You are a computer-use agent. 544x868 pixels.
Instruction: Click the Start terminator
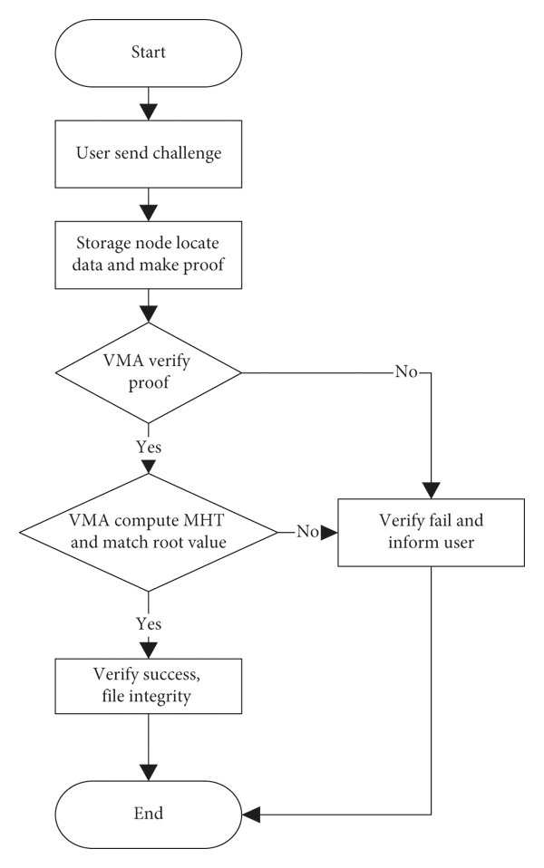(149, 53)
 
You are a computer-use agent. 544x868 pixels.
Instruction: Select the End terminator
(149, 815)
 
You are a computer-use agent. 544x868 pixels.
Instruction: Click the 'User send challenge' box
(149, 154)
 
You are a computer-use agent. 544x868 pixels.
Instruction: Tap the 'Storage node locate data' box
(149, 255)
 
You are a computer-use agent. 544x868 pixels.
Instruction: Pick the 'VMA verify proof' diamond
(149, 372)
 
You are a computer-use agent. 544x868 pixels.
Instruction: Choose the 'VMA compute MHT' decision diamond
(149, 533)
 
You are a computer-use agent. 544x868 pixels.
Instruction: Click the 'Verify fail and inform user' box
(431, 533)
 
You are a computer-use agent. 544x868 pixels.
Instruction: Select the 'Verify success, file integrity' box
(149, 686)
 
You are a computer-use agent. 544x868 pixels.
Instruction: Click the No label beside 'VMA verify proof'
(406, 372)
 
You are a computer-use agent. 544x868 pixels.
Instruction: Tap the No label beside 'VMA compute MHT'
(307, 532)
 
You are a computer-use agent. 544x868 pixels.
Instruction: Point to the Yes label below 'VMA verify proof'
(149, 447)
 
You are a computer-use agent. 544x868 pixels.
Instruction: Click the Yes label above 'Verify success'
(149, 624)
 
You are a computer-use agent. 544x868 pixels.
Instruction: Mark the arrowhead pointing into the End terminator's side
(251, 815)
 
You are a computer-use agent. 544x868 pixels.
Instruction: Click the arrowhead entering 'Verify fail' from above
(431, 490)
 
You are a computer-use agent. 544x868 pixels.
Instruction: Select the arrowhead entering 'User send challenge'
(149, 111)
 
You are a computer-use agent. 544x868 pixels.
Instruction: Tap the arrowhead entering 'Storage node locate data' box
(149, 213)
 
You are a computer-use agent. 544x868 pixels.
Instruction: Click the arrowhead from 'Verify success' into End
(149, 772)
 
